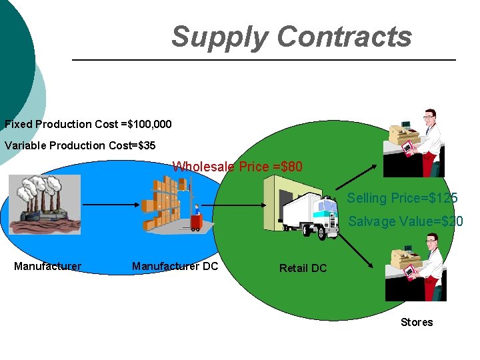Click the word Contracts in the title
pos(345,37)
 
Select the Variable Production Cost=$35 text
pos(80,145)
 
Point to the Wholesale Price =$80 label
pos(237,167)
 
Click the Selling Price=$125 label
pos(402,198)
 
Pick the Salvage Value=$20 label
pos(405,221)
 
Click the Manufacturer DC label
pos(175,267)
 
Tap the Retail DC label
pos(303,268)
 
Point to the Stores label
pos(417,322)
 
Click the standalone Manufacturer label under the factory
pos(47,267)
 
